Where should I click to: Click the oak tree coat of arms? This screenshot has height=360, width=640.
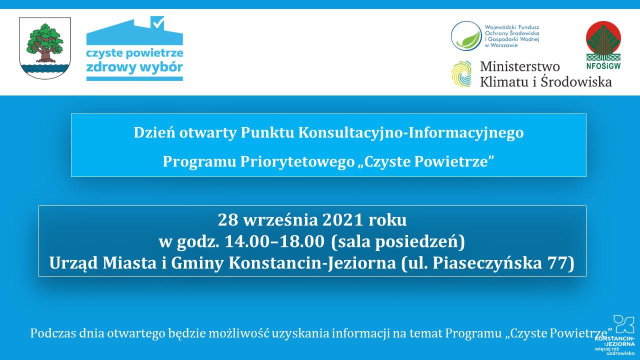point(45,48)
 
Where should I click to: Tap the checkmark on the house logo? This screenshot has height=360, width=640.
point(158,22)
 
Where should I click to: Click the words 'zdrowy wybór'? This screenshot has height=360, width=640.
point(134,67)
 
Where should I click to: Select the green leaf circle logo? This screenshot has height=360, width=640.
point(466,36)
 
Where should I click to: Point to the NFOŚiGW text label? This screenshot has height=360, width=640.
point(603,66)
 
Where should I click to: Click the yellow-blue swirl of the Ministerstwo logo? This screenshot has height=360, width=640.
point(461,73)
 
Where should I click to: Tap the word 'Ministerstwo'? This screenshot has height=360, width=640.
point(519,66)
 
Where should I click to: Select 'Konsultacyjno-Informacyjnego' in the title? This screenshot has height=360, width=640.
point(411,133)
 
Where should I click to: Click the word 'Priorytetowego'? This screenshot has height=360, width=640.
point(297,162)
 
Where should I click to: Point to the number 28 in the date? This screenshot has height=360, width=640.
point(227,220)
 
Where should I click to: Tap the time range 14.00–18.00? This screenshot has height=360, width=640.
point(274,241)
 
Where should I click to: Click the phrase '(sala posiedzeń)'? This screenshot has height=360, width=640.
point(398,242)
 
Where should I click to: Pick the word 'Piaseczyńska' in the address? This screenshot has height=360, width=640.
point(487,263)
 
